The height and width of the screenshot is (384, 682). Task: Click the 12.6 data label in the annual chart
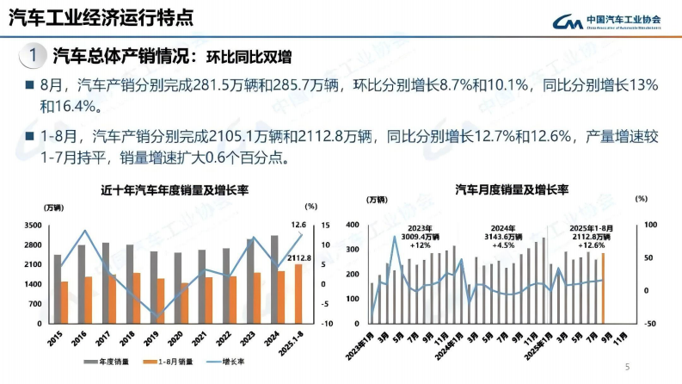tap(298, 225)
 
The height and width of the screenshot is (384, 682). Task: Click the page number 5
tap(627, 368)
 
